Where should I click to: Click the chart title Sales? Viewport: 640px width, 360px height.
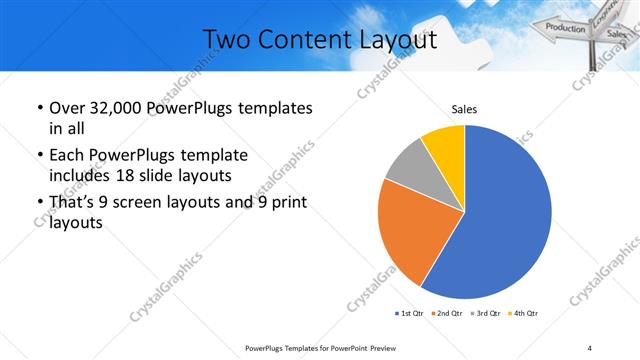coord(465,108)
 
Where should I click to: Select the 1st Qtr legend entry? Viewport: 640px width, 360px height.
coord(410,313)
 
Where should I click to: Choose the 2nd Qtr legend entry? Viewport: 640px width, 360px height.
coord(448,313)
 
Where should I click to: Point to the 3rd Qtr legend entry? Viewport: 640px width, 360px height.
coord(487,313)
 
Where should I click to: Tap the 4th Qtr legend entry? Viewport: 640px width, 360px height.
coord(524,313)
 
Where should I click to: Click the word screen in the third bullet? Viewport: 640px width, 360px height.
coord(149,204)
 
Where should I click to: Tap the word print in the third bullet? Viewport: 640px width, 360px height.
coord(285,204)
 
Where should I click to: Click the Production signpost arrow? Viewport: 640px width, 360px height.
coord(566,28)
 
